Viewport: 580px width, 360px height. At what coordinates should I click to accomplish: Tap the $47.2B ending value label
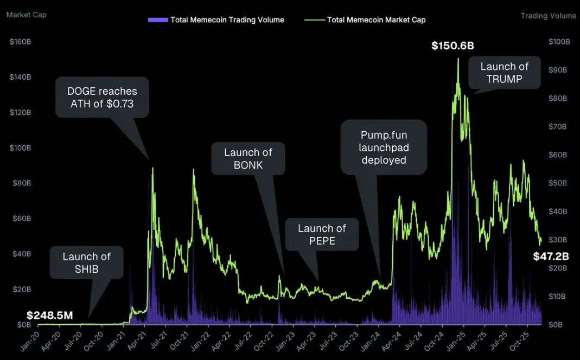click(551, 256)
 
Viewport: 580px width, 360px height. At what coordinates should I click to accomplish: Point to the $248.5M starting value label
click(50, 315)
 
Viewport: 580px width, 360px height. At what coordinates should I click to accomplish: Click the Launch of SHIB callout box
click(86, 262)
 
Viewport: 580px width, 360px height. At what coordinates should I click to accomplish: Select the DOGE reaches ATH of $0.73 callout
click(102, 97)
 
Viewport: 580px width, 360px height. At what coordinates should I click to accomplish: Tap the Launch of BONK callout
click(248, 159)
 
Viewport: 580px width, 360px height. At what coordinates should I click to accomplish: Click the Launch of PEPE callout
click(322, 234)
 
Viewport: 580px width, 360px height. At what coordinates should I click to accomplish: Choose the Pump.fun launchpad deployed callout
click(384, 147)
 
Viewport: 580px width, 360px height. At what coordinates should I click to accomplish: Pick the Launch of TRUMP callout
click(504, 72)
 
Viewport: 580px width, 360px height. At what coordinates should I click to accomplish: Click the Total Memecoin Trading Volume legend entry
click(216, 20)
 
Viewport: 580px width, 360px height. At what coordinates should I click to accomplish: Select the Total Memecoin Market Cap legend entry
click(365, 20)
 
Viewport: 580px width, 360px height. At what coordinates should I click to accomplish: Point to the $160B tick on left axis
click(21, 42)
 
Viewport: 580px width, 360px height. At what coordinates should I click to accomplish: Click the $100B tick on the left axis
click(21, 148)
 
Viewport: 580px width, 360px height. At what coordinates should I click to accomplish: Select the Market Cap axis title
click(26, 15)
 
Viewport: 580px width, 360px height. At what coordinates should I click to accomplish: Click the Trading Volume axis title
click(548, 16)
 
